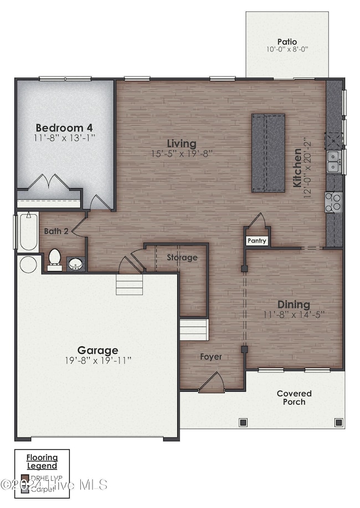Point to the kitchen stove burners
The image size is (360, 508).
coord(335,202)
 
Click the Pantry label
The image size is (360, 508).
coord(257,241)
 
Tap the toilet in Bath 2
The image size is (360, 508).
coord(54,260)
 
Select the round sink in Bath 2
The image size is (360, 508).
coord(76,264)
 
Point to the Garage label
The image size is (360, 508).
coord(97,350)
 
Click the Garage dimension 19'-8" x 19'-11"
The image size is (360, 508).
coord(97,360)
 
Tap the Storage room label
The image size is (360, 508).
coord(182,257)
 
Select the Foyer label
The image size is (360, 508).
coord(211,357)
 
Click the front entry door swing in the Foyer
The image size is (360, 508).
coord(211,382)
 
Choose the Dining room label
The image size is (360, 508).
coord(294,304)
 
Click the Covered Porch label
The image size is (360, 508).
coord(294,397)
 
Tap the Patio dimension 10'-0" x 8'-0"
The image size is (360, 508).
coord(287,49)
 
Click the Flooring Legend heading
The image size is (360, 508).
coord(43,462)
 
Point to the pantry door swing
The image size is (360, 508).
coord(256,222)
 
